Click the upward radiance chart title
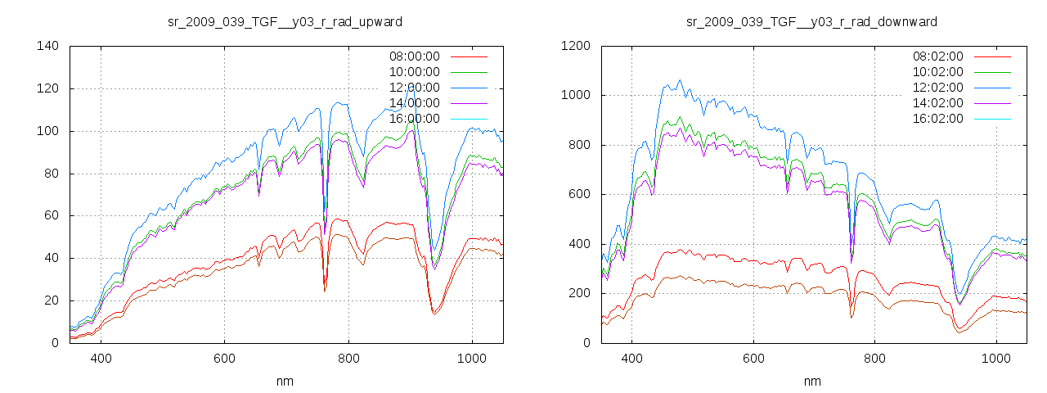[x=285, y=21]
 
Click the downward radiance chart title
[x=812, y=21]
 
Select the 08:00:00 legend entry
[x=414, y=56]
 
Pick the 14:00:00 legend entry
[x=414, y=103]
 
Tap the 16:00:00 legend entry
[x=414, y=119]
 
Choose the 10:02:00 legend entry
[x=938, y=72]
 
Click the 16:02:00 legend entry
[x=938, y=119]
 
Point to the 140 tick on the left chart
[x=47, y=46]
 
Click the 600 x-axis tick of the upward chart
[x=224, y=358]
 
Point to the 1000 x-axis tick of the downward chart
[x=995, y=358]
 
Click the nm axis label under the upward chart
[x=285, y=381]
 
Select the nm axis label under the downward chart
[x=812, y=381]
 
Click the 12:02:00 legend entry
[x=938, y=88]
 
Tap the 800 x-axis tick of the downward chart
[x=874, y=358]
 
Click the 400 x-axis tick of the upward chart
[x=101, y=358]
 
